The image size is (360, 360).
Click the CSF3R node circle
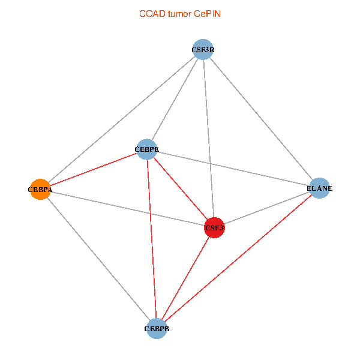tap(203, 50)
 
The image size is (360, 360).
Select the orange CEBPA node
tap(40, 189)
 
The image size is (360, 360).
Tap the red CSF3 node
tap(214, 227)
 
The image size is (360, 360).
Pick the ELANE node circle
tap(319, 188)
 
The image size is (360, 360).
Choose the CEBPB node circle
tap(157, 328)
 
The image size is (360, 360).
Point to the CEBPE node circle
tap(147, 149)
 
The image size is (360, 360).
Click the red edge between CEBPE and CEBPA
tap(93, 169)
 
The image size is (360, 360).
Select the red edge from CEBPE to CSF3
tap(181, 188)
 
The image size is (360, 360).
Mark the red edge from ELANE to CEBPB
tap(238, 258)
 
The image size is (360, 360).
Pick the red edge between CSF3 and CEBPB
tap(185, 278)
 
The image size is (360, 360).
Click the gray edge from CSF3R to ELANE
tap(260, 119)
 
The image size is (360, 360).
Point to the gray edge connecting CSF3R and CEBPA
tap(121, 119)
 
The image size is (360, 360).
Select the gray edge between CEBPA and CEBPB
tap(98, 259)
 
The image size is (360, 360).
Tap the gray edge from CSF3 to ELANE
tap(266, 208)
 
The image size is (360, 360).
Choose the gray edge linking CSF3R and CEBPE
tap(175, 100)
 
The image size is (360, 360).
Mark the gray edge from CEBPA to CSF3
tap(127, 208)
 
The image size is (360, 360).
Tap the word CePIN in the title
tap(207, 14)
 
